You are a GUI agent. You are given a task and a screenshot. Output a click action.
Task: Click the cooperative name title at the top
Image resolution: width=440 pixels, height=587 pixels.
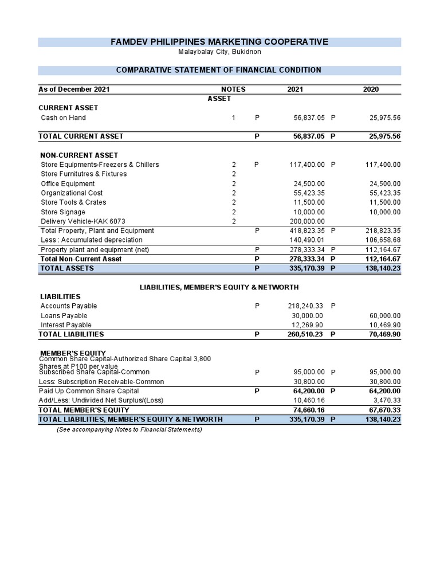219,42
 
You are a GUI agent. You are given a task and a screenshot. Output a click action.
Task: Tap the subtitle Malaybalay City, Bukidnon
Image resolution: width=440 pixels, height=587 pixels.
219,52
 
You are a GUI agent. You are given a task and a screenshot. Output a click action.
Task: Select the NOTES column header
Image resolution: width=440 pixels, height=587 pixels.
233,89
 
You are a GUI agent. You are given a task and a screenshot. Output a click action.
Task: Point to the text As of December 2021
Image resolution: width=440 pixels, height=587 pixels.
74,89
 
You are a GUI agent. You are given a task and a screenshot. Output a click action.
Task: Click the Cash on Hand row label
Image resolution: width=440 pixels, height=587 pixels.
63,118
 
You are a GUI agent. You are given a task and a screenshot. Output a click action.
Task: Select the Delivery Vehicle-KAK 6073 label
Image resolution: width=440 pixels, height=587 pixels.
83,221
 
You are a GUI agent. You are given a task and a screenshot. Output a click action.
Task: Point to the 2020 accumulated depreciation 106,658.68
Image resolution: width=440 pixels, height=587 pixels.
383,240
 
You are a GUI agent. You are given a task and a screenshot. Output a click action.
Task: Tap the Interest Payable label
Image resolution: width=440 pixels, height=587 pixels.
66,325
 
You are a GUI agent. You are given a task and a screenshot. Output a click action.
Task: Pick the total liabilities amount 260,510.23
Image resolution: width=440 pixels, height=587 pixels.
305,334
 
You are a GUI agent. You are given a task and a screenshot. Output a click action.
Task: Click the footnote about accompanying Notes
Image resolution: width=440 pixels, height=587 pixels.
129,429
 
